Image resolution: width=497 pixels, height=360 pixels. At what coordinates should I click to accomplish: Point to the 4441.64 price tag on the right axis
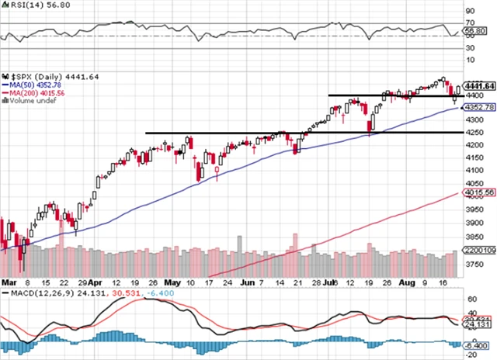click(x=478, y=85)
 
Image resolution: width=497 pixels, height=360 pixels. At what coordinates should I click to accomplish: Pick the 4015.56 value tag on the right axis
click(x=478, y=192)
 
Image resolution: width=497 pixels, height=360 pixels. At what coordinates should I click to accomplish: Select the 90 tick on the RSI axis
click(x=469, y=12)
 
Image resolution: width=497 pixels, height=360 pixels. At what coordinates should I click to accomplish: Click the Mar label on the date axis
click(x=9, y=285)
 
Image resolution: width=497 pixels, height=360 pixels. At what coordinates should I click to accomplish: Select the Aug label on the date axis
click(x=407, y=285)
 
